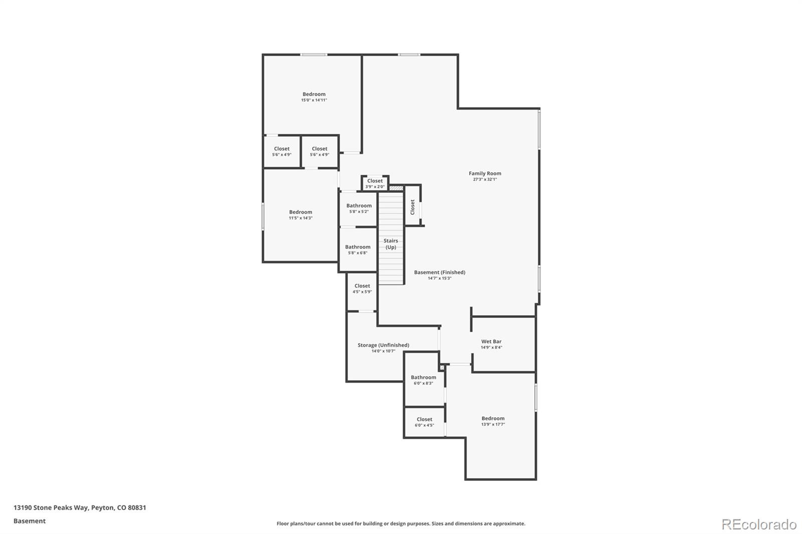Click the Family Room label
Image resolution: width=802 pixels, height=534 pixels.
tap(485, 173)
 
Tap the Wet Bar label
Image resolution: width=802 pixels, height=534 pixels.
tap(491, 342)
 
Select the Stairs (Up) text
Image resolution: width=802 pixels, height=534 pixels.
tap(390, 244)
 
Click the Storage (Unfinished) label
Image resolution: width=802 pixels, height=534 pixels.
tap(383, 345)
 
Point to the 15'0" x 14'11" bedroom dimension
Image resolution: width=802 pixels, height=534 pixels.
tap(314, 100)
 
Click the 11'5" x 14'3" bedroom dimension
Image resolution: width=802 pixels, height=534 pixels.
tap(300, 218)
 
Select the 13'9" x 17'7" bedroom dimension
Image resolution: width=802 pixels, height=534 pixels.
tap(493, 425)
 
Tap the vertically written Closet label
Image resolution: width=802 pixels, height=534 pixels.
tap(413, 207)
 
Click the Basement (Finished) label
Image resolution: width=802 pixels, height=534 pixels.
tap(439, 273)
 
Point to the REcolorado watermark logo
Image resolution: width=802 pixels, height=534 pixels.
tap(758, 524)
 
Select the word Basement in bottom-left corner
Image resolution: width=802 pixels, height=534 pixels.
tap(29, 521)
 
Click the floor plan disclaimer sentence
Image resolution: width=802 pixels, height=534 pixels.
tap(400, 524)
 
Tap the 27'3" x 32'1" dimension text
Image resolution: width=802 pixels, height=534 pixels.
tap(485, 179)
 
